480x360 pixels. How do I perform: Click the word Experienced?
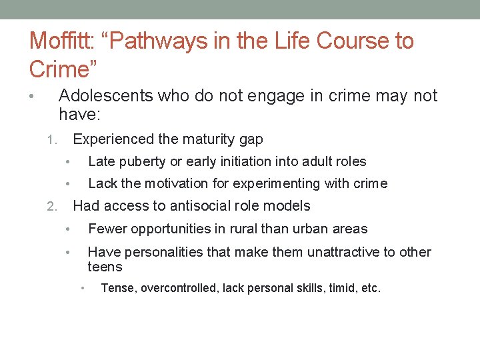pyautogui.click(x=113, y=139)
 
